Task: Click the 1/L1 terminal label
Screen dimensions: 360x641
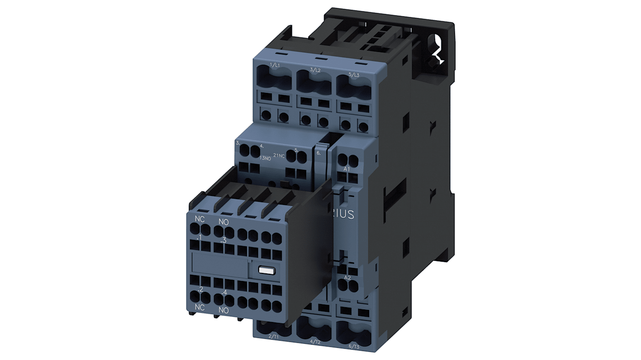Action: coord(274,66)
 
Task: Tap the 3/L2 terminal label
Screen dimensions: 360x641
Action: coord(316,70)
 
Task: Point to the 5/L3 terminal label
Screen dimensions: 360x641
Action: coord(354,75)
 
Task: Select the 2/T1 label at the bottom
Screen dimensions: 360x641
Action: coord(273,337)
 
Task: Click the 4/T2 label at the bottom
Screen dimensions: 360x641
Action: coord(316,342)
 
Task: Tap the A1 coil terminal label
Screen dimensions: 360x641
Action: coord(347,169)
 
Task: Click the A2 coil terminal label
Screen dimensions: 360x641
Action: coord(347,277)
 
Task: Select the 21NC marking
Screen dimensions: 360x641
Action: coord(279,156)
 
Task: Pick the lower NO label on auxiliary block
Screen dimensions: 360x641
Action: coord(223,311)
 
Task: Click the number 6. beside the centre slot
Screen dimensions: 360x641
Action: coord(319,153)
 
